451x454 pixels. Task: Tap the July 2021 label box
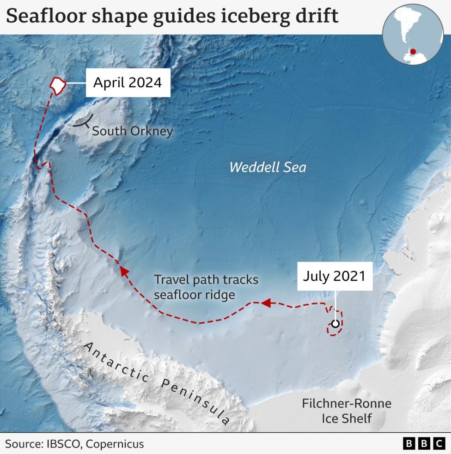pos(334,277)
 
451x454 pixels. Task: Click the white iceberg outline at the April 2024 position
pos(57,85)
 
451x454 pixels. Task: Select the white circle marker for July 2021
pos(335,324)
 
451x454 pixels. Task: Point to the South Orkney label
pos(133,131)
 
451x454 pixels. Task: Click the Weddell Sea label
pos(268,167)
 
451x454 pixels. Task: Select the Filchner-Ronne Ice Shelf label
pos(347,411)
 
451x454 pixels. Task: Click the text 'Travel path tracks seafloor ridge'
pos(206,287)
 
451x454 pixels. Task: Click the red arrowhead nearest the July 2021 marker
pos(266,303)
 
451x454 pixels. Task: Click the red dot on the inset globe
pos(413,52)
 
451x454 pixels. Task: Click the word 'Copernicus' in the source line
pos(115,444)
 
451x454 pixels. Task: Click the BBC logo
pos(424,444)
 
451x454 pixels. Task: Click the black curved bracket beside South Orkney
pos(82,121)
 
